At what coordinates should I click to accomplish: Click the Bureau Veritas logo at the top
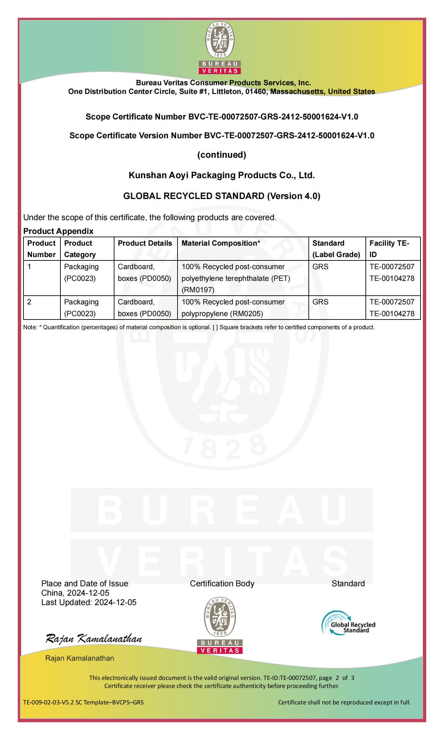pos(220,48)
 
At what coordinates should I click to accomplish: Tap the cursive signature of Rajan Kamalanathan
pos(94,638)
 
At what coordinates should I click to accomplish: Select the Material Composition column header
pos(221,243)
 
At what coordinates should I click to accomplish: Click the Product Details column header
pos(145,243)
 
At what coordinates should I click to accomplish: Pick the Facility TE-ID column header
pos(389,249)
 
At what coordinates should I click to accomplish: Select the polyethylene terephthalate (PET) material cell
pos(236,278)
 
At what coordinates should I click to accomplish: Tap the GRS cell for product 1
pos(320,267)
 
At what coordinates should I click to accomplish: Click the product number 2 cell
pos(30,302)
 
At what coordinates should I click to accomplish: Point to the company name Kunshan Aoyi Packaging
pos(221,175)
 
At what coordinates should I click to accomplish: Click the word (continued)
pos(221,155)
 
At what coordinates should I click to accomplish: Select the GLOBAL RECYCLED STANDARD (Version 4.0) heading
pos(221,196)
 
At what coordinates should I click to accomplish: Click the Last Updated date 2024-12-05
pos(115,602)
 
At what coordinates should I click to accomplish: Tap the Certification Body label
pos(222,584)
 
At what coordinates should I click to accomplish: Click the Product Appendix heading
pos(58,231)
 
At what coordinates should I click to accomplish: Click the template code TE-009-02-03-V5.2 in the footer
pos(83,702)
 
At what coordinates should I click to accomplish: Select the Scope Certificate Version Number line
pos(221,136)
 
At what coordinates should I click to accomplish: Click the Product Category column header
pos(80,249)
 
